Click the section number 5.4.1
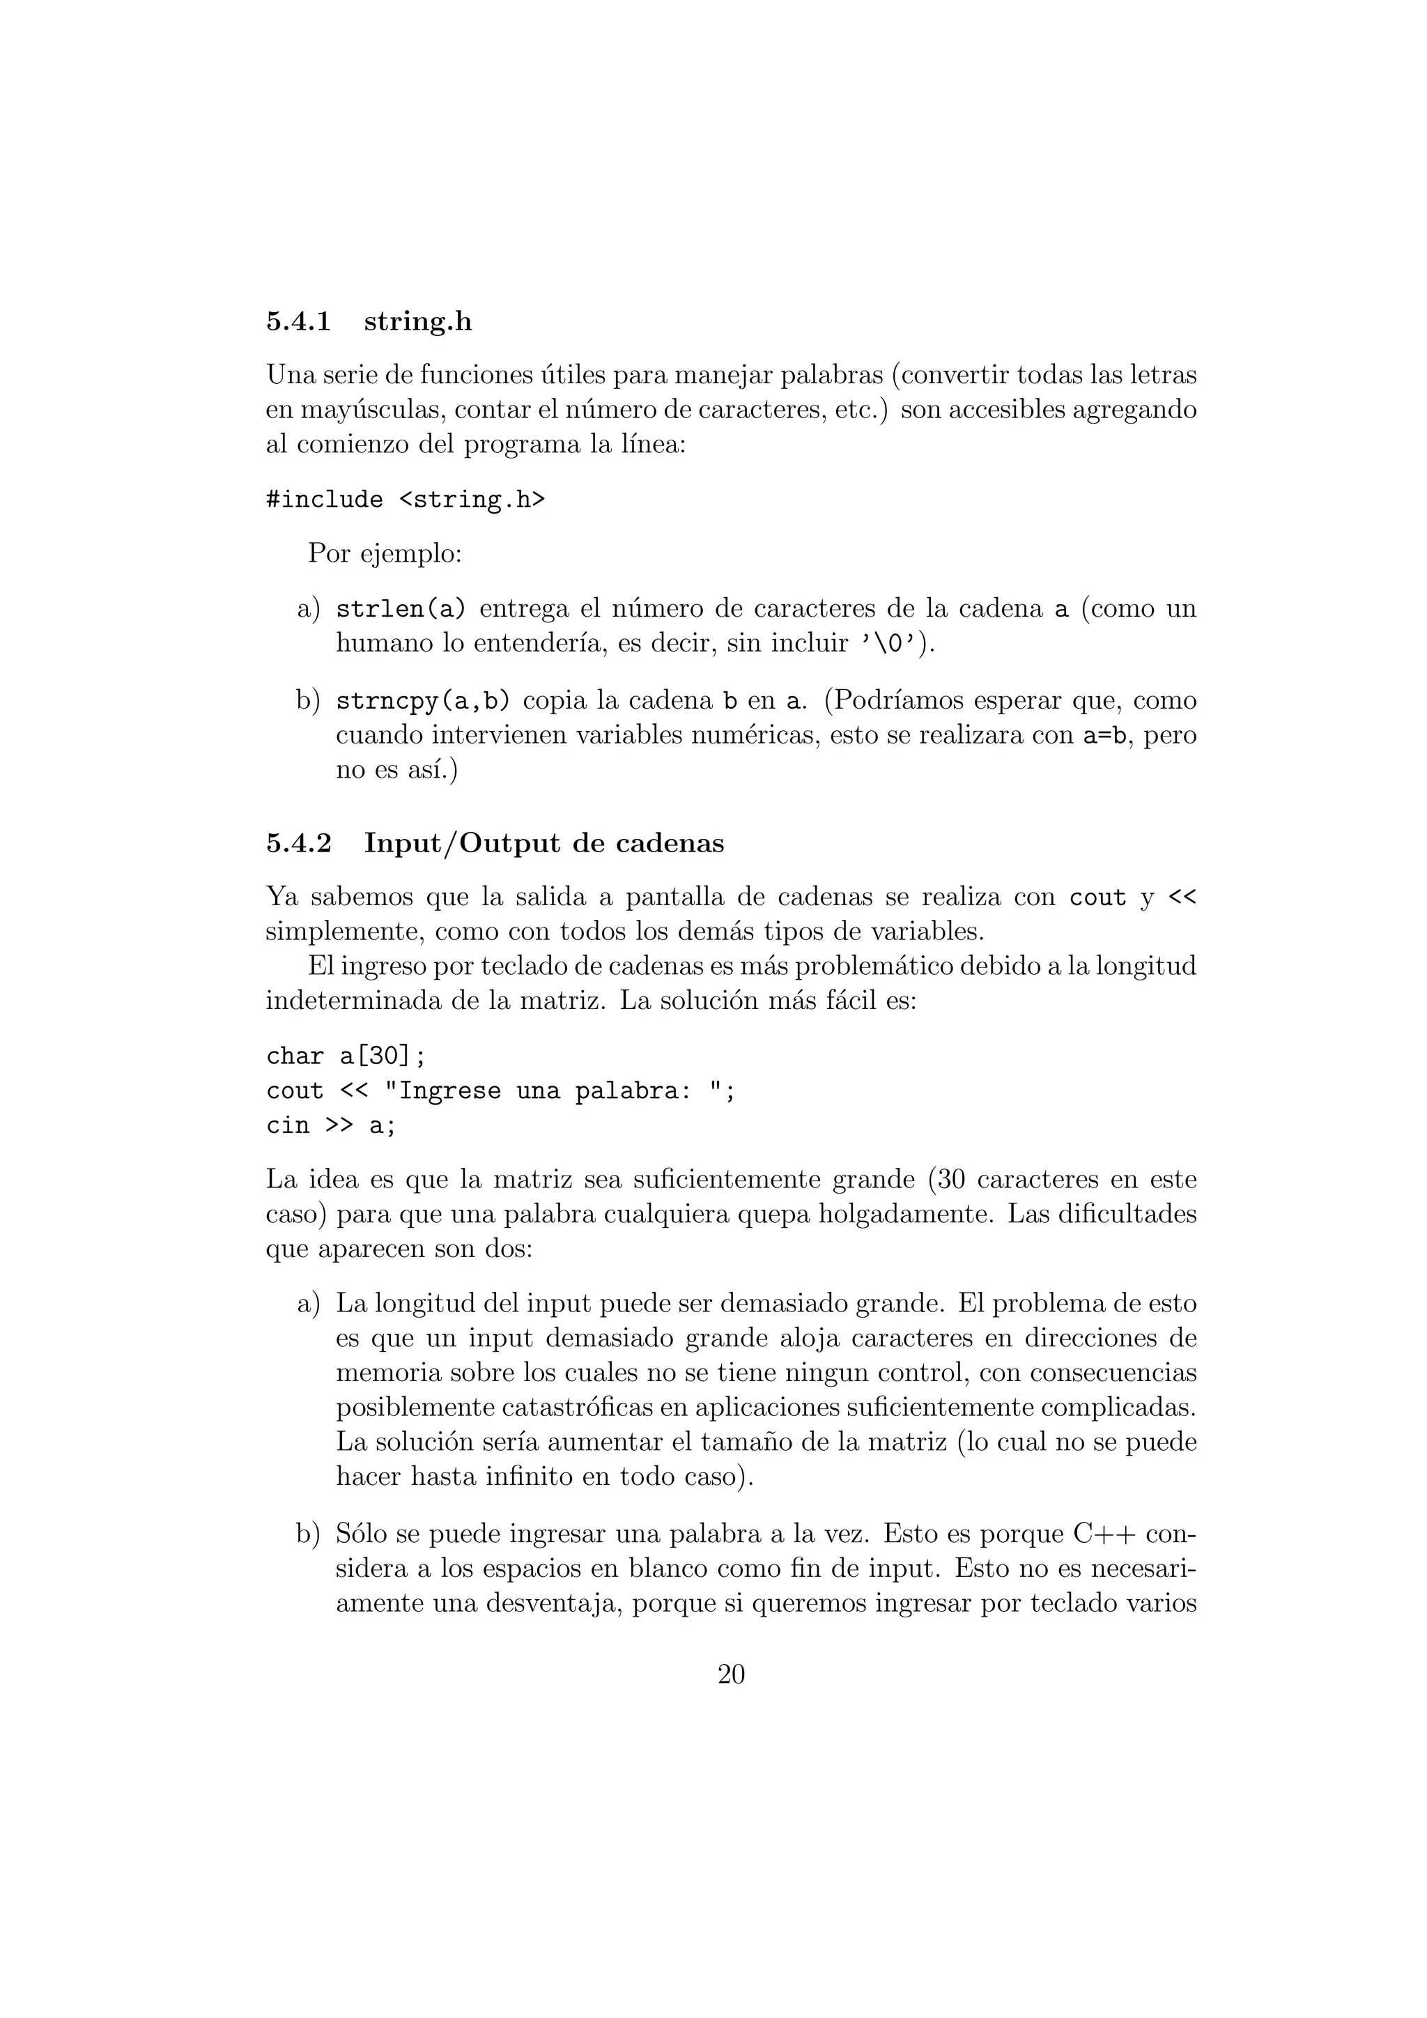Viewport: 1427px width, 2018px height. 298,322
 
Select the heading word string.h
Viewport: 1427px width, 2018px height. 417,322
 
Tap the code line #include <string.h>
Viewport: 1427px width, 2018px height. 405,500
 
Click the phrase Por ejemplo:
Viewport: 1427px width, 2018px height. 385,554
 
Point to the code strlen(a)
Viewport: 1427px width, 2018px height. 401,609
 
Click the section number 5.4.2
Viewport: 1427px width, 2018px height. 299,844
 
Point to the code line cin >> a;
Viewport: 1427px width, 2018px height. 331,1126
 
